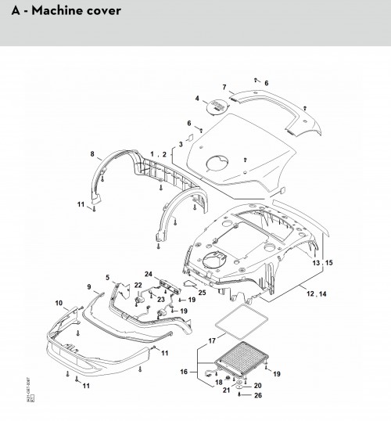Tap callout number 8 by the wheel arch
click(92, 153)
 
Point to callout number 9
click(89, 286)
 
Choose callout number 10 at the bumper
click(58, 302)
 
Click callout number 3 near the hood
click(181, 145)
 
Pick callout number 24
click(147, 273)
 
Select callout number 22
click(138, 285)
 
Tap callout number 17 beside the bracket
click(211, 340)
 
